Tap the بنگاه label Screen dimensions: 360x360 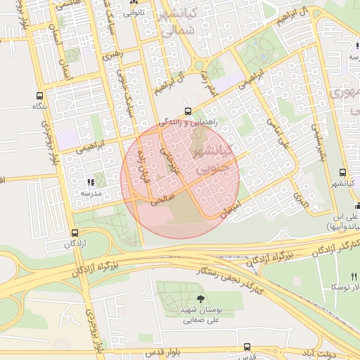coord(38,106)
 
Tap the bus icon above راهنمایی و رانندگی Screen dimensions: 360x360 coord(188,111)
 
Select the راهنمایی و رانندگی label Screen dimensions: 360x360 coord(188,122)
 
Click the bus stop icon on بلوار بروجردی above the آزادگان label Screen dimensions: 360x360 coord(75,233)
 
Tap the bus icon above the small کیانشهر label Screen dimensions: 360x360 coord(342,172)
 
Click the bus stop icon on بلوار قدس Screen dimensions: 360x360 coord(247,347)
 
